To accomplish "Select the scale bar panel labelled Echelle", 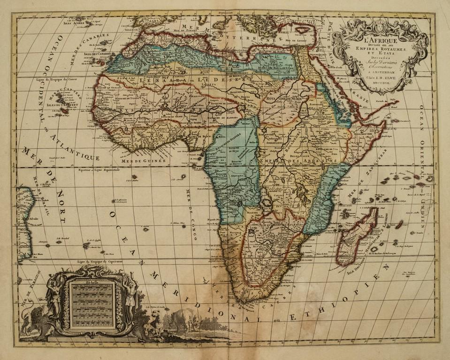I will (92, 304).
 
